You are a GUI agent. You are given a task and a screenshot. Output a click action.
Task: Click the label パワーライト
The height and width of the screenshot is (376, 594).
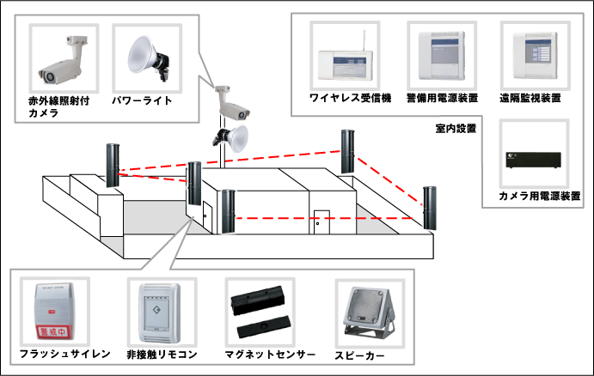click(143, 100)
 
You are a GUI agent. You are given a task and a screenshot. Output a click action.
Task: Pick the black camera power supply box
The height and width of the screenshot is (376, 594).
click(532, 160)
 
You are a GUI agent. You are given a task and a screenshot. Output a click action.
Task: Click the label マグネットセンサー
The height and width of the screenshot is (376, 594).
click(263, 354)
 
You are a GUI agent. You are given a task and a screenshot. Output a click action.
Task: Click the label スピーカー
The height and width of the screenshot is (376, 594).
click(360, 354)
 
